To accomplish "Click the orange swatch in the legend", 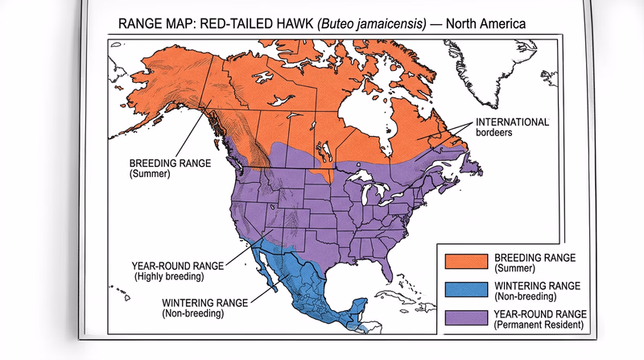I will tap(466, 261).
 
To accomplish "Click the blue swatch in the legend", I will tap(466, 289).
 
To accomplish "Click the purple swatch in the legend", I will tap(466, 318).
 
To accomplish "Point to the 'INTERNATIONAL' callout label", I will tap(512, 122).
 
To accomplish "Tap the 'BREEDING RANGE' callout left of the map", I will tap(170, 162).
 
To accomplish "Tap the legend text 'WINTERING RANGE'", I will tap(538, 284).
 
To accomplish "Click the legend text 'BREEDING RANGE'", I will tap(535, 256).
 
